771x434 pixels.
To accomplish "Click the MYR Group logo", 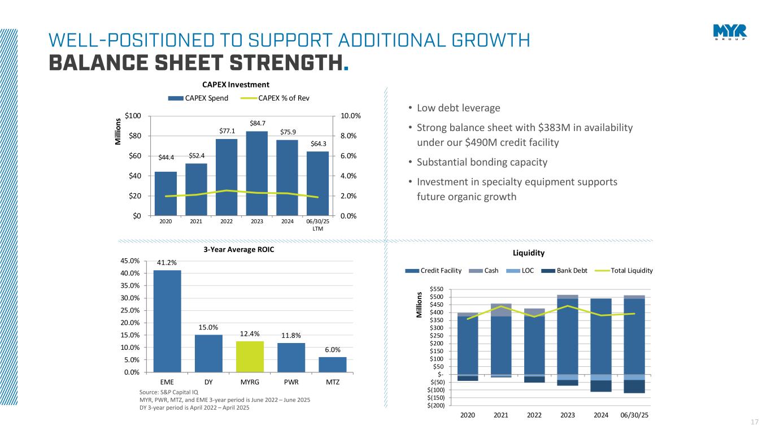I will (729, 32).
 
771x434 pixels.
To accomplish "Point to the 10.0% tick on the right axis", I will (350, 116).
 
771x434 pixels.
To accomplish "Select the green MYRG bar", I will (250, 357).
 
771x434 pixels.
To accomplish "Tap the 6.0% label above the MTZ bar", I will (332, 350).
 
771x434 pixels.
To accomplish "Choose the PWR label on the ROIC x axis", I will (291, 382).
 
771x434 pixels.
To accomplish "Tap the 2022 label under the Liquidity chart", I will (534, 415).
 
